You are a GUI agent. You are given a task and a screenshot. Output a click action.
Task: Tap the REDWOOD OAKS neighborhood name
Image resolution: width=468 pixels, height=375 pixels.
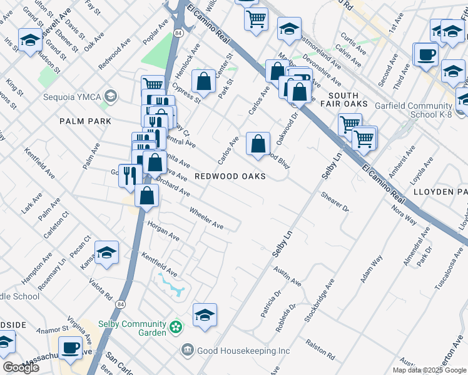click(x=230, y=177)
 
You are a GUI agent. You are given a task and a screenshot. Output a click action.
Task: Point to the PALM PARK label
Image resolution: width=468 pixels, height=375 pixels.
click(x=85, y=121)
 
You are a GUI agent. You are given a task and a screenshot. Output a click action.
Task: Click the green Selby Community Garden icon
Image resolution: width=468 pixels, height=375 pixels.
click(x=176, y=326)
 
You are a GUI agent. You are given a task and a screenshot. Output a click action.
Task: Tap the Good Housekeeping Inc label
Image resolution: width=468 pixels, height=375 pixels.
click(x=243, y=351)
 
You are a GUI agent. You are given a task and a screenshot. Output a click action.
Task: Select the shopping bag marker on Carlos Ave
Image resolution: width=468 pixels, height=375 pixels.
click(x=258, y=144)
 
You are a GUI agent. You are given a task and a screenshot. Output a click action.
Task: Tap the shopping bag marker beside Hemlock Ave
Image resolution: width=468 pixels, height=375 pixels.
click(x=203, y=81)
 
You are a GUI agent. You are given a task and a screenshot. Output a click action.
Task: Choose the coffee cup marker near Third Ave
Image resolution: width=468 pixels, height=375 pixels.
click(x=426, y=54)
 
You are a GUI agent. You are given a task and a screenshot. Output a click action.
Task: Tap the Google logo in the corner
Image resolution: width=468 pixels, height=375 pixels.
click(x=21, y=367)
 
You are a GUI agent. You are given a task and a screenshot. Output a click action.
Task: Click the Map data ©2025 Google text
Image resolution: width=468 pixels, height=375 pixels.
click(x=429, y=370)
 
